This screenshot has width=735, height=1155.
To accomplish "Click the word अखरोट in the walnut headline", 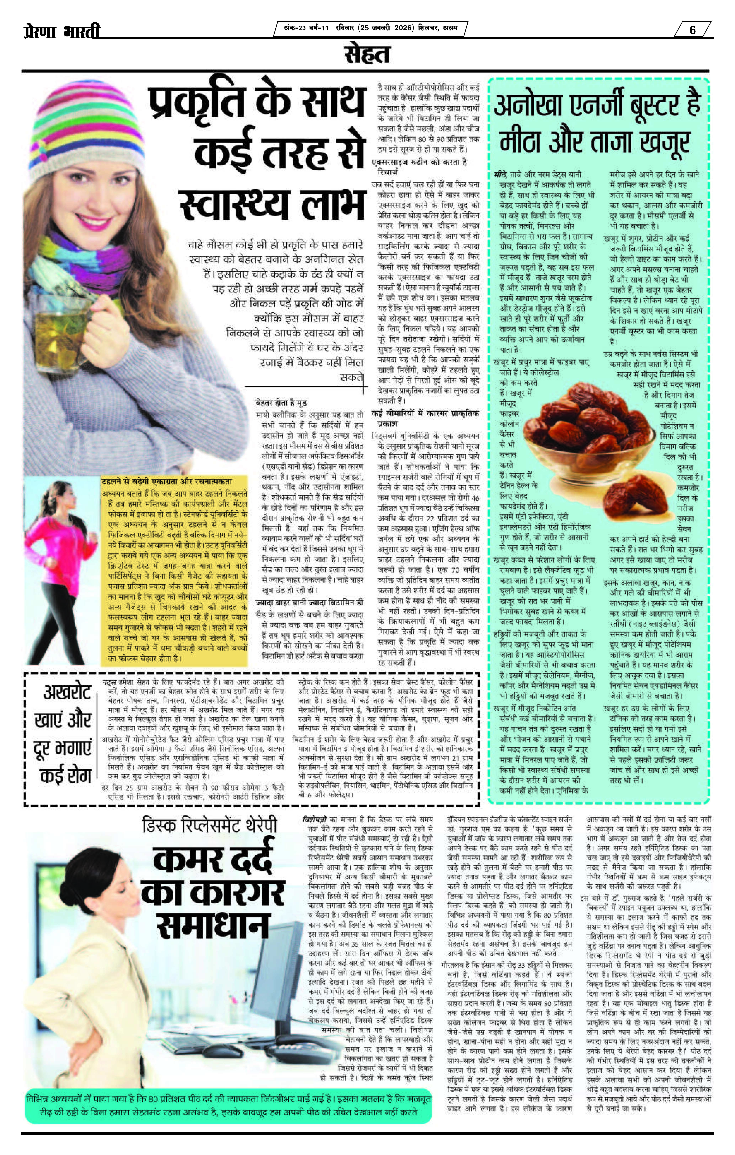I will click(x=67, y=692).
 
